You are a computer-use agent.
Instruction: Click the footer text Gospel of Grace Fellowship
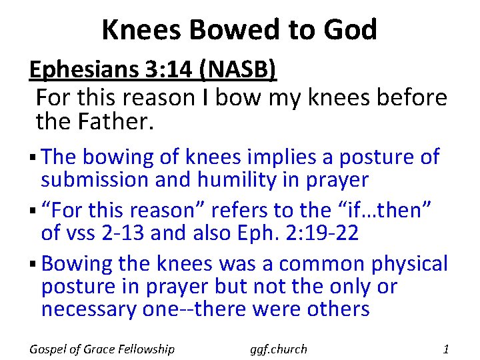102,349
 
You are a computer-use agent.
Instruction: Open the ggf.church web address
279,349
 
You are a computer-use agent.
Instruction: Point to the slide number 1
446,349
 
